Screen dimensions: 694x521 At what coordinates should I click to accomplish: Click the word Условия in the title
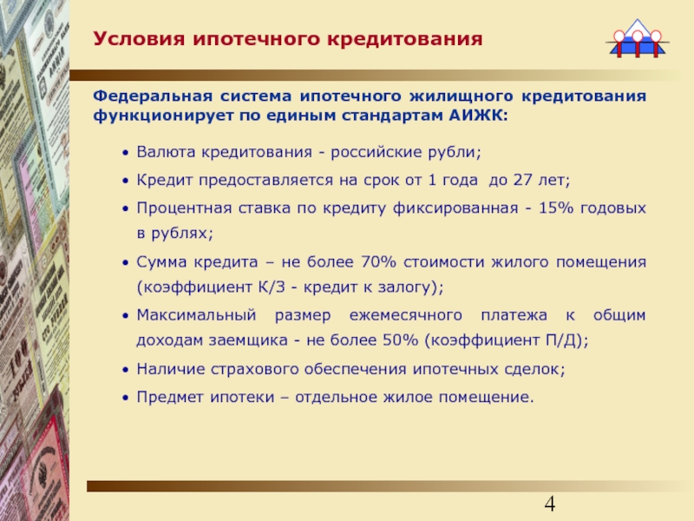point(138,39)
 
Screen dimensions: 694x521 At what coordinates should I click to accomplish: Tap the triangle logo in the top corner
point(638,38)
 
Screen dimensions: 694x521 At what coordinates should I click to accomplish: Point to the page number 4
point(549,504)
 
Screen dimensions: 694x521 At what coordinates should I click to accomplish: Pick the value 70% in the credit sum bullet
point(378,262)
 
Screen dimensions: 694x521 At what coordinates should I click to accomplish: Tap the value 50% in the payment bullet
point(400,340)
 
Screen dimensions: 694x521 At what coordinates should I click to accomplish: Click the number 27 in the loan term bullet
point(522,180)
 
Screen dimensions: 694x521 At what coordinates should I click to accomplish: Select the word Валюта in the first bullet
point(166,152)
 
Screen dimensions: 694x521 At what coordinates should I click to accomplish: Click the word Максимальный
point(196,315)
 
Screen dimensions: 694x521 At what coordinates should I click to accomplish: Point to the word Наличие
point(170,369)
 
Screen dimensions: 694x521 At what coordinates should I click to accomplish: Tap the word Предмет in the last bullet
point(170,397)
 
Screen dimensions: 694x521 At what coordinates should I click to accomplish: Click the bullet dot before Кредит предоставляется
point(126,181)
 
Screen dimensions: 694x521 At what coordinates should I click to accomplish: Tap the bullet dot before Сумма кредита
point(126,263)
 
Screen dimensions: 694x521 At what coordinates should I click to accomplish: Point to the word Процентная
point(184,208)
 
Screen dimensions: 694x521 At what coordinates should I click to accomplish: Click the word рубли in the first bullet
point(450,153)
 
